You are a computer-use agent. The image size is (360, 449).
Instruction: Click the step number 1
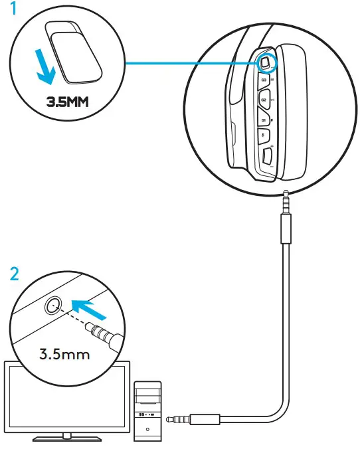tap(9, 12)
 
